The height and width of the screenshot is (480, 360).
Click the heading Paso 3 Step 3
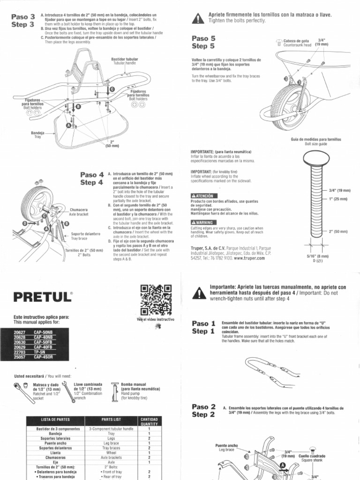coord(22,21)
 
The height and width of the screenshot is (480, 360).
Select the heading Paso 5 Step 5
coord(203,42)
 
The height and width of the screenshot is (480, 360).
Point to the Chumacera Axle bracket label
coord(78,211)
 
